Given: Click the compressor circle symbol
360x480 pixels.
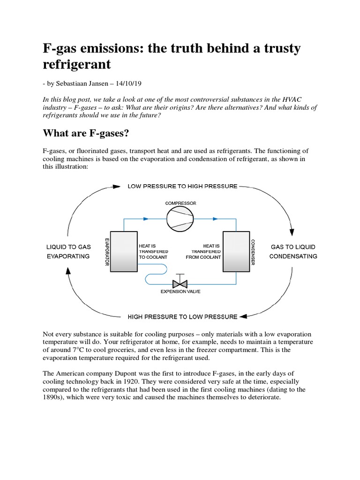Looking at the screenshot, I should (x=180, y=218).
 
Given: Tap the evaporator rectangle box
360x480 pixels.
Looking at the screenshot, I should (x=124, y=251).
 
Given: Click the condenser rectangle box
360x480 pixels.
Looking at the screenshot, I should (x=236, y=251).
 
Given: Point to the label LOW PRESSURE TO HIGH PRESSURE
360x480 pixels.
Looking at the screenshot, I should (x=182, y=186).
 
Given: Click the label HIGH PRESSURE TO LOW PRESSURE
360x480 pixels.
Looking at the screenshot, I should (x=182, y=316).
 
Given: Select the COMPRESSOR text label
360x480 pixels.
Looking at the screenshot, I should (x=180, y=203).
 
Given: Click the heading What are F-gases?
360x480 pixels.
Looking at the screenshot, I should (x=86, y=134).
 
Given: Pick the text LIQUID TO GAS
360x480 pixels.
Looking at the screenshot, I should (x=68, y=247).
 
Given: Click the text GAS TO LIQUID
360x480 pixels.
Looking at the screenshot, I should (x=293, y=247).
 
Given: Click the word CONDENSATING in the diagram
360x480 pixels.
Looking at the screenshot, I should (x=293, y=256).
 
